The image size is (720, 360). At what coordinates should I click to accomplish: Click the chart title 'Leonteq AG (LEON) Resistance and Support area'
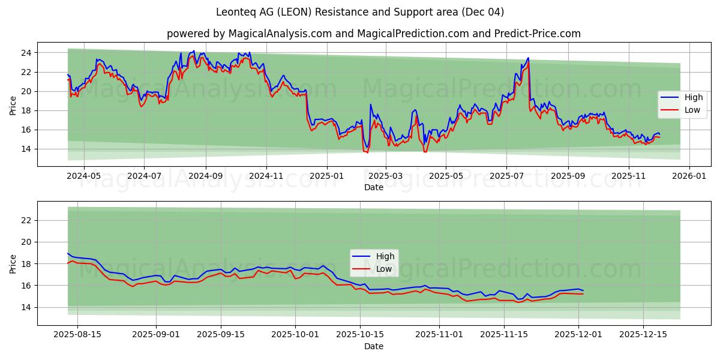pos(360,12)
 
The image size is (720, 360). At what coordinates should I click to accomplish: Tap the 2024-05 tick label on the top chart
pos(83,177)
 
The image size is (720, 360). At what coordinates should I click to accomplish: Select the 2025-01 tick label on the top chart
pos(327,177)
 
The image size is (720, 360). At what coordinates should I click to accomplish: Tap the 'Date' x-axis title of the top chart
pos(373,187)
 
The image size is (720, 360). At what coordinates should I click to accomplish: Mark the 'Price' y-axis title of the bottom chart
pos(13,263)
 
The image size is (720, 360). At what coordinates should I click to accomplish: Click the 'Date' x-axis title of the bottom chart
pos(373,346)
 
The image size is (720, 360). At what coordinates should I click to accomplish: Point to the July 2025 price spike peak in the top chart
pos(528,58)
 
